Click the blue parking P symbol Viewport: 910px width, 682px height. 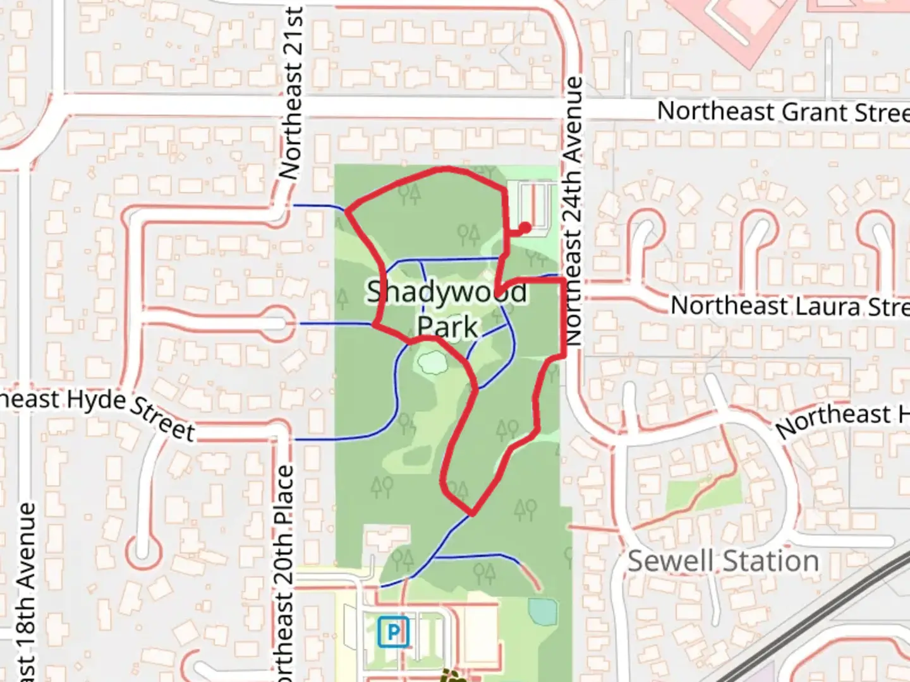point(394,631)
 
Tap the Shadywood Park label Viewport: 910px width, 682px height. point(447,309)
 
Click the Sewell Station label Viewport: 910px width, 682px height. point(722,561)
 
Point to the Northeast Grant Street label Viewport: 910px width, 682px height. point(782,112)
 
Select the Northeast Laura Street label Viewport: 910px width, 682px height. point(789,306)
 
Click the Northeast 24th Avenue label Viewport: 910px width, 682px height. point(573,212)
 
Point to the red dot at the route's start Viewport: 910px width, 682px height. point(525,227)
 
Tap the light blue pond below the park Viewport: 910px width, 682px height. point(543,611)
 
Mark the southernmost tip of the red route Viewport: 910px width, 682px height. point(471,514)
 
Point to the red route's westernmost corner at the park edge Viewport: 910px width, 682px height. point(347,210)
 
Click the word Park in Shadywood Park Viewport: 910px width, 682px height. point(447,327)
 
